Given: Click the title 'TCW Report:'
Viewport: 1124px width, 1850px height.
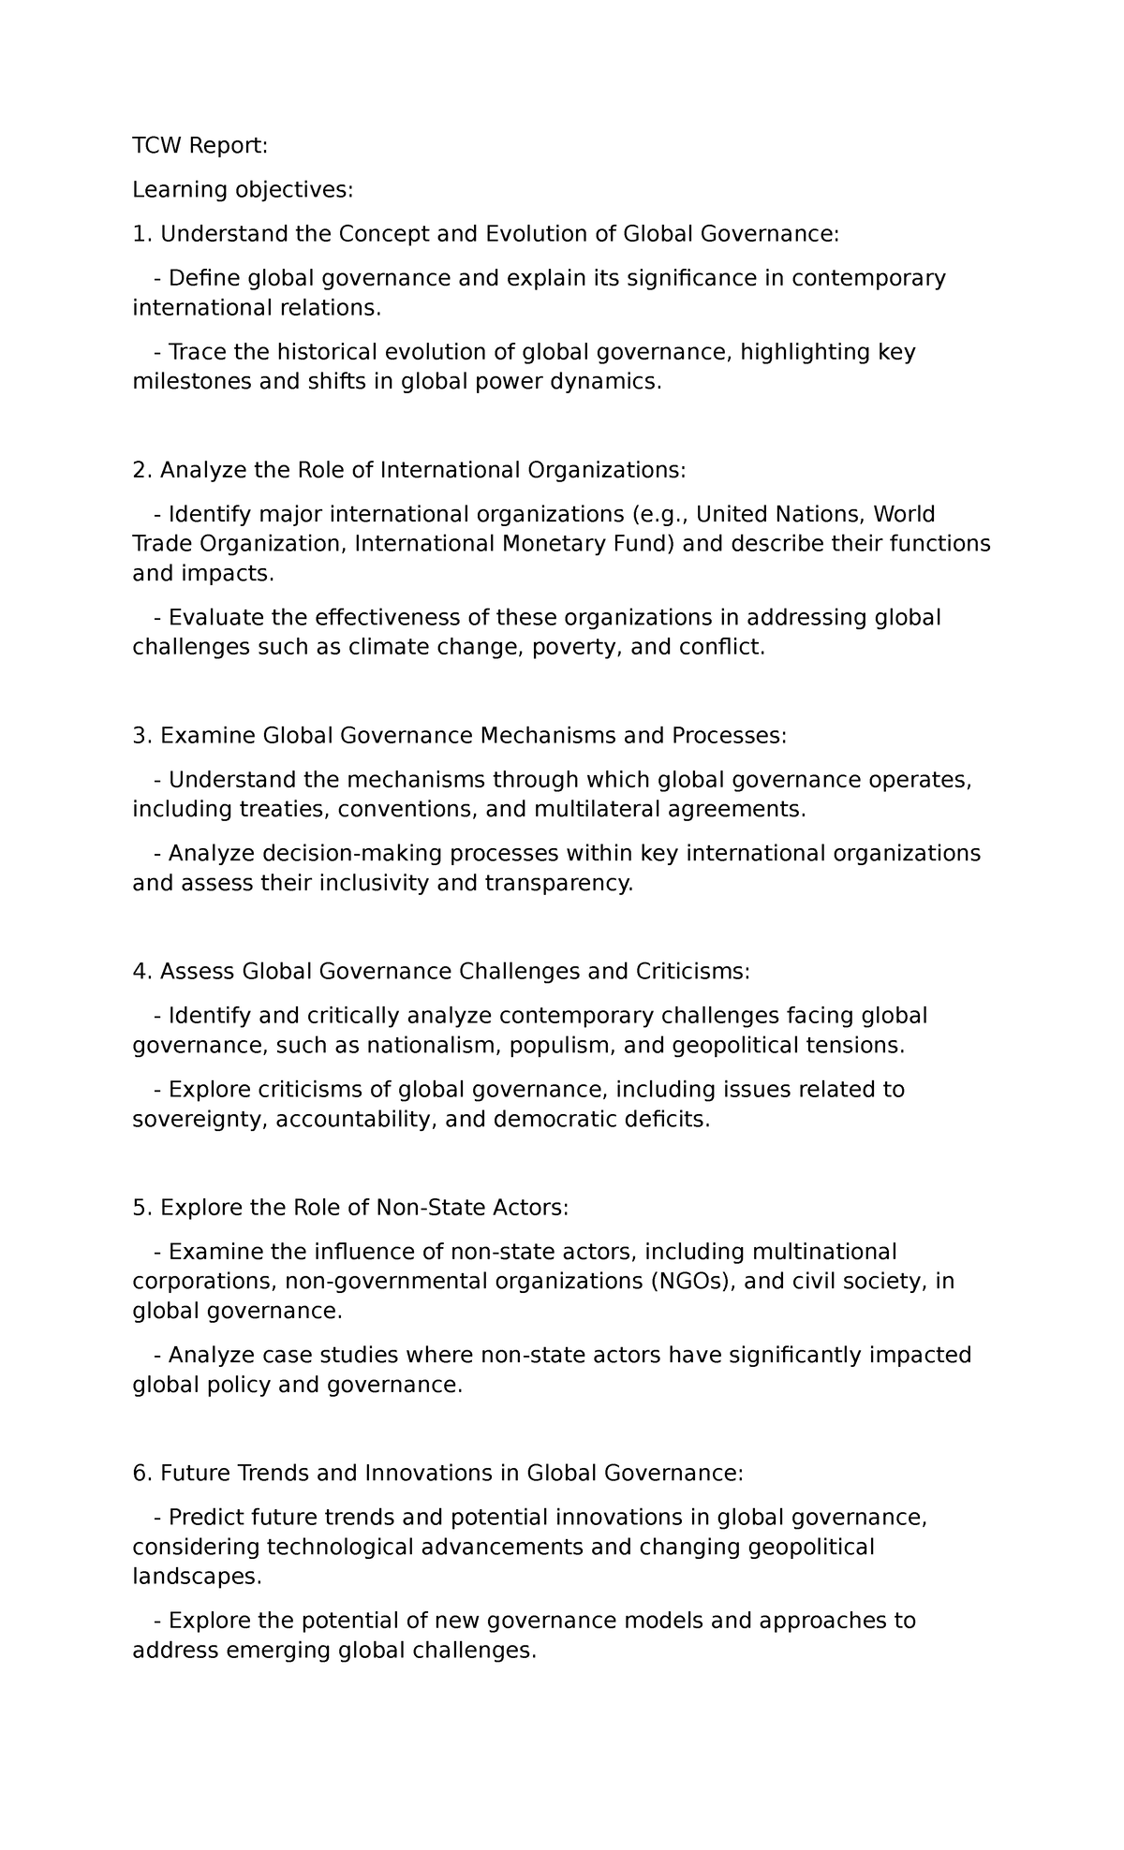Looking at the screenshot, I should tap(200, 145).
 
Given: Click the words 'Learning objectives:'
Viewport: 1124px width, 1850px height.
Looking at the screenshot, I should tap(243, 190).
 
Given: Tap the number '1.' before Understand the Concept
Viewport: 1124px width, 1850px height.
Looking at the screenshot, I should tap(141, 234).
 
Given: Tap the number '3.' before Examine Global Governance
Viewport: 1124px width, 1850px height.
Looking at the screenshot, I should tap(141, 736).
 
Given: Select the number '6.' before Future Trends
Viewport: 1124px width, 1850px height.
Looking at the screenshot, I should tap(141, 1474).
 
